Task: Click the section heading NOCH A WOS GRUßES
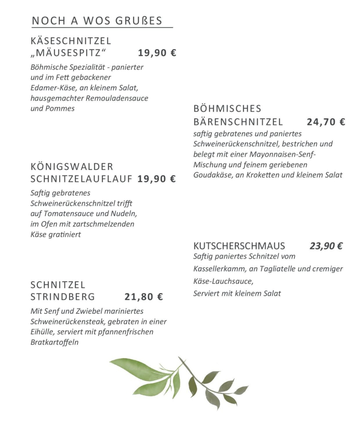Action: point(97,21)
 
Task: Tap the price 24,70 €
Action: point(326,122)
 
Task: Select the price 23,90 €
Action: point(326,246)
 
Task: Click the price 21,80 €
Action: point(144,297)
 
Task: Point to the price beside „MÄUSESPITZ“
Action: point(157,53)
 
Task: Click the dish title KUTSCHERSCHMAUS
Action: point(239,246)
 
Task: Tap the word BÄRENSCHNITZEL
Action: point(238,122)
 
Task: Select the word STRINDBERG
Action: point(63,297)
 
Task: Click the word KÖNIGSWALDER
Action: point(72,167)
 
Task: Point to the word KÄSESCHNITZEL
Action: point(71,41)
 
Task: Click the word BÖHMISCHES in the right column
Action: point(227,109)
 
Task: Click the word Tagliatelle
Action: point(276,269)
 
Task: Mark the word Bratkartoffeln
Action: point(55,342)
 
